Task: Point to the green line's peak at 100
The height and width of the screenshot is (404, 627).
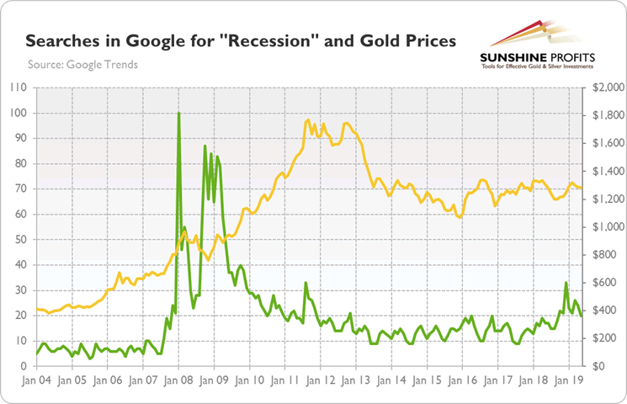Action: pyautogui.click(x=178, y=113)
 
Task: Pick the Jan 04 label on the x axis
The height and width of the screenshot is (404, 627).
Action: pyautogui.click(x=36, y=380)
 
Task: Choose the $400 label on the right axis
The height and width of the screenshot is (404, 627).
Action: pyautogui.click(x=608, y=311)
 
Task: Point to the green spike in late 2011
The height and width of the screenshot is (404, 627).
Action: pyautogui.click(x=306, y=283)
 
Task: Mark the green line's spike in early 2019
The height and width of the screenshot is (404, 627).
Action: pyautogui.click(x=566, y=283)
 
